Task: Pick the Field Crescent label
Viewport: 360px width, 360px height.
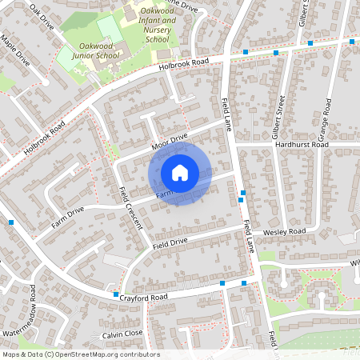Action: pyautogui.click(x=130, y=207)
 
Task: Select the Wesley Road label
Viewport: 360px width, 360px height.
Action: pyautogui.click(x=286, y=232)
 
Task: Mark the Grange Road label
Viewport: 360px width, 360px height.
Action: pyautogui.click(x=326, y=116)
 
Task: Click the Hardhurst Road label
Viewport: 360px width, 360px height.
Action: pyautogui.click(x=301, y=145)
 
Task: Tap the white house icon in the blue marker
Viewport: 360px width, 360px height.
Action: pyautogui.click(x=180, y=172)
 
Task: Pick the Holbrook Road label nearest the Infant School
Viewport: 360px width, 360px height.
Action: pyautogui.click(x=183, y=62)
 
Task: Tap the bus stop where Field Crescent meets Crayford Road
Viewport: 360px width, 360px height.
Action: pyautogui.click(x=116, y=294)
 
